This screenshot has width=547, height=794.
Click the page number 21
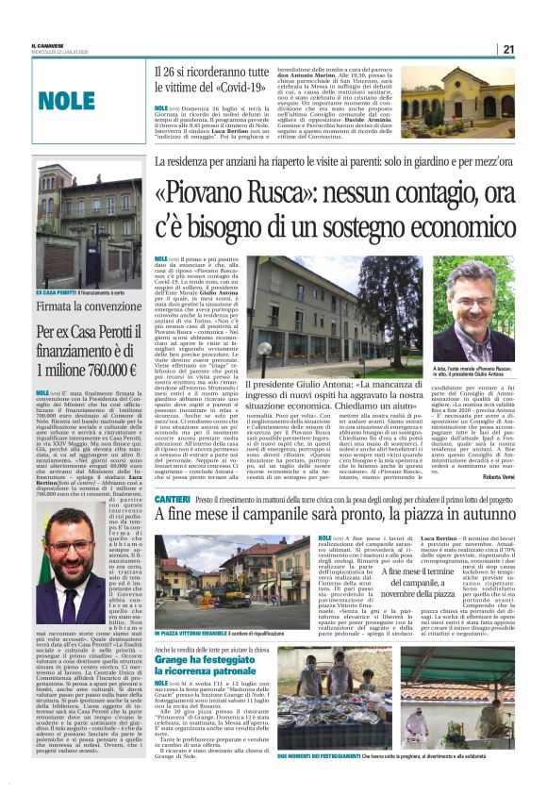[x=508, y=49]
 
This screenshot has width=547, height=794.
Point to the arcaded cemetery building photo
[x=460, y=99]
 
